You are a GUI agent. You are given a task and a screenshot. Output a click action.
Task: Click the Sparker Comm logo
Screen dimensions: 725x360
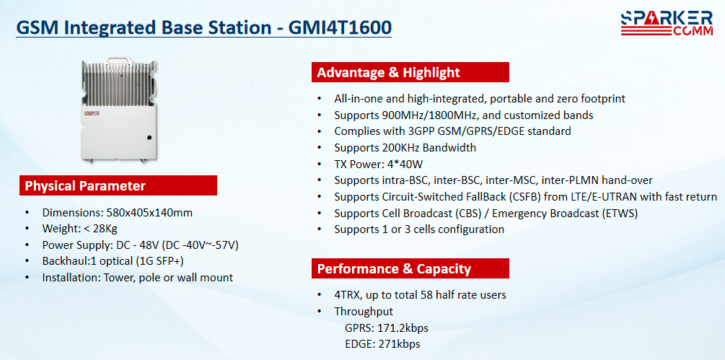(667, 24)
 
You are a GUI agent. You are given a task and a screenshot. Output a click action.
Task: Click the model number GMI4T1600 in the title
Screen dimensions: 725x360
(340, 27)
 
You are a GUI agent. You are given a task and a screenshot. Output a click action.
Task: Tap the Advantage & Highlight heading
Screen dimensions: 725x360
(388, 73)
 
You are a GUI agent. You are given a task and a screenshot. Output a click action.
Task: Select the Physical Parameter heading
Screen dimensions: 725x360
(85, 186)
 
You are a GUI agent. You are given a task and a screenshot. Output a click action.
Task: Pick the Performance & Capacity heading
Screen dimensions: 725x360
(394, 268)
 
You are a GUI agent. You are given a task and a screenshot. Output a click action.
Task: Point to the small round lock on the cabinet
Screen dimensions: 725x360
(149, 137)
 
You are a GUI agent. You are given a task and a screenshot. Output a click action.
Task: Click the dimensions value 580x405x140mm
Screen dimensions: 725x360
(149, 213)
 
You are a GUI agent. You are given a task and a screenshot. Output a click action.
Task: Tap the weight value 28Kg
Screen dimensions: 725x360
(111, 229)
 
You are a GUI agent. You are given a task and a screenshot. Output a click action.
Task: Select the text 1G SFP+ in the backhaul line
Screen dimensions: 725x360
(160, 261)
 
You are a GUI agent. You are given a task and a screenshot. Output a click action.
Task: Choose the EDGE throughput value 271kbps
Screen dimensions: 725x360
(399, 344)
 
